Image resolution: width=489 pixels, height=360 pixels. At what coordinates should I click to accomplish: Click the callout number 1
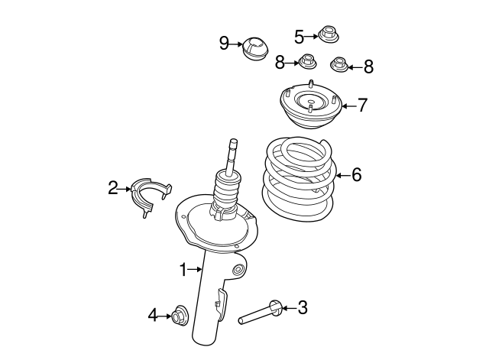click(183, 270)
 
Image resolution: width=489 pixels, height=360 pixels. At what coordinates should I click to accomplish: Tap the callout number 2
click(113, 188)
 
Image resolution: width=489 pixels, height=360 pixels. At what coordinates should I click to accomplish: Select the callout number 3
click(303, 307)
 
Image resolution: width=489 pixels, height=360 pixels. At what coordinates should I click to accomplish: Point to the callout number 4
click(153, 315)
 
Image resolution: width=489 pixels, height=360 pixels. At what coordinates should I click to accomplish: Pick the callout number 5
click(299, 37)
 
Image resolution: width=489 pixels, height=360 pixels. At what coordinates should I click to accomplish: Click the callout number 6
click(357, 174)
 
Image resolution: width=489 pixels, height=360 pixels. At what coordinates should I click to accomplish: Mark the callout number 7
click(362, 105)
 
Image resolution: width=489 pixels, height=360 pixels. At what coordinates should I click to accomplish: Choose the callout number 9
click(224, 43)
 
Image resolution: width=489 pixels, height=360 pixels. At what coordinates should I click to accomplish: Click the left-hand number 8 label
click(280, 62)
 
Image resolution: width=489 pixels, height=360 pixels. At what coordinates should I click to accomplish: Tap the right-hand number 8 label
click(368, 66)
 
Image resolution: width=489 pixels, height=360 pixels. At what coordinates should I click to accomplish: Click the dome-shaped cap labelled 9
click(255, 49)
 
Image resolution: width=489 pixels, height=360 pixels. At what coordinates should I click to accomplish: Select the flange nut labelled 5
click(329, 34)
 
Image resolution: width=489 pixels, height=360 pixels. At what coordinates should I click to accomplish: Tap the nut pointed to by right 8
click(339, 64)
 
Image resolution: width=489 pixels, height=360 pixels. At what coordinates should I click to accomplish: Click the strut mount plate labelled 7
click(311, 105)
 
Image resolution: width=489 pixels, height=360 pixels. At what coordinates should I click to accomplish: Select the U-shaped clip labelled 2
click(138, 190)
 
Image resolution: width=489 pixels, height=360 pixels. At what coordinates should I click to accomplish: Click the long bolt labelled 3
click(261, 313)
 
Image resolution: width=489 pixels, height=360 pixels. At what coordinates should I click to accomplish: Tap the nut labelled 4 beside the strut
click(180, 316)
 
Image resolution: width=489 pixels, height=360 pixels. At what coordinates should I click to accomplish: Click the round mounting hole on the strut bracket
click(239, 270)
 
